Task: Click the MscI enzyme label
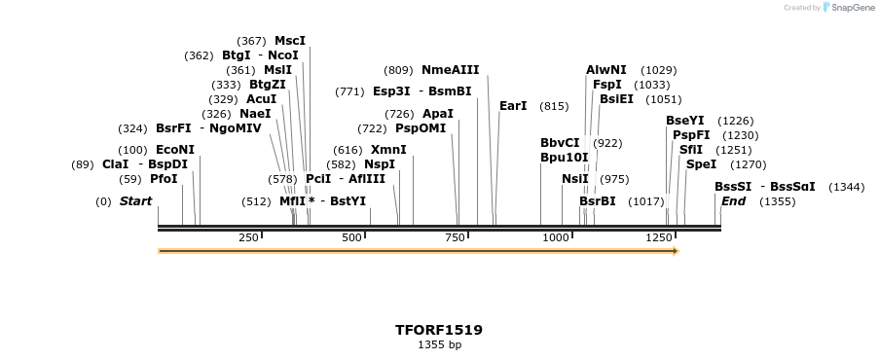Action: coord(289,41)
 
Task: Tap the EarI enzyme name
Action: coord(513,106)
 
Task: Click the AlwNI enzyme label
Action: coord(606,70)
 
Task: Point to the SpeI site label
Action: coord(701,164)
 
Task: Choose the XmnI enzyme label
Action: coord(388,150)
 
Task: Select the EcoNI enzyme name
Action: coord(175,150)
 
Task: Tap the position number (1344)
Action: coord(846,187)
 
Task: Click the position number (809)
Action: coord(398,70)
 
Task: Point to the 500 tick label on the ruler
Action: coord(352,237)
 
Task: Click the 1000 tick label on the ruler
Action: coord(556,237)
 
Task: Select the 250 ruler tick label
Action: coord(248,237)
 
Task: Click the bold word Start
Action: coord(135,201)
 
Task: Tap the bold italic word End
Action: coord(733,201)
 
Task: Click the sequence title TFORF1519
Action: coord(439,330)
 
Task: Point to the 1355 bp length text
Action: coord(439,344)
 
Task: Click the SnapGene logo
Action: coord(845,8)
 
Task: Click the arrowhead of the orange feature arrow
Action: coord(675,251)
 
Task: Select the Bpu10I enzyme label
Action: coord(565,158)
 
